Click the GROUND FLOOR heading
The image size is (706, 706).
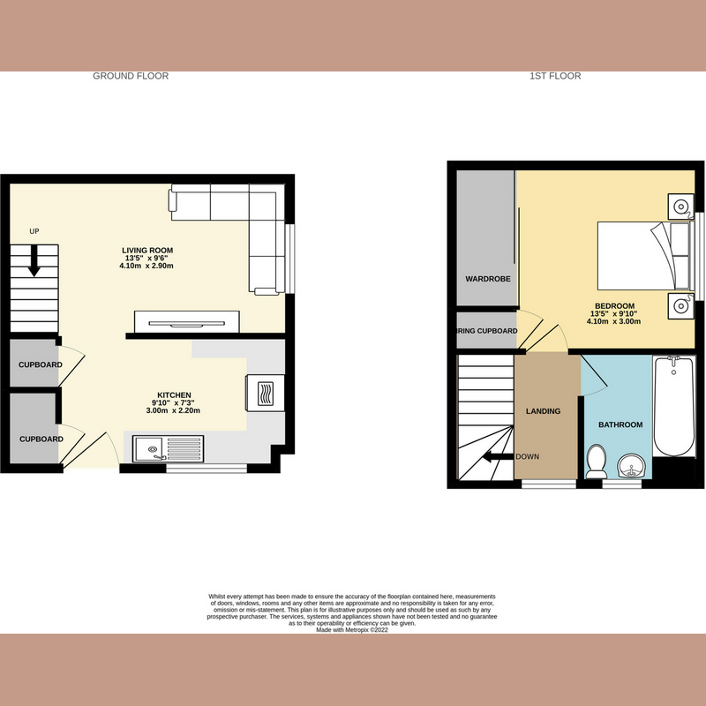click(131, 76)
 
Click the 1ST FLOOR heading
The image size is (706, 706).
click(555, 76)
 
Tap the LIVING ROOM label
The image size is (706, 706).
click(146, 251)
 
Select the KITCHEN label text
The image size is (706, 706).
click(174, 394)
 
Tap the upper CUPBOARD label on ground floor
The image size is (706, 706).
click(41, 365)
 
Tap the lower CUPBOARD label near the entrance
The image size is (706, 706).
click(41, 439)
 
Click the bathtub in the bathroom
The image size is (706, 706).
click(672, 406)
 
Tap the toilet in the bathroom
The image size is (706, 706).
click(596, 458)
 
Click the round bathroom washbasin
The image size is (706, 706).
click(628, 466)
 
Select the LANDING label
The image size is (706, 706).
click(542, 411)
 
